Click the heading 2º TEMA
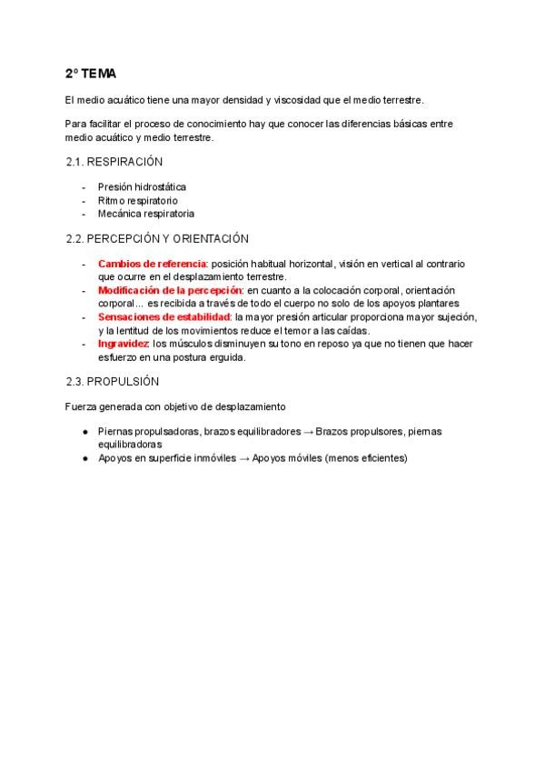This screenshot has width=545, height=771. pyautogui.click(x=90, y=73)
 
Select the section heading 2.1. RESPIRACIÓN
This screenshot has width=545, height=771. pyautogui.click(x=114, y=162)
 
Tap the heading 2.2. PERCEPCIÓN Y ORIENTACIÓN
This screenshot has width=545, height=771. pyautogui.click(x=157, y=239)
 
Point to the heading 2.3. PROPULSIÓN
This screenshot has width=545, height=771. pyautogui.click(x=113, y=381)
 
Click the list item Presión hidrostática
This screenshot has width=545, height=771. pyautogui.click(x=142, y=187)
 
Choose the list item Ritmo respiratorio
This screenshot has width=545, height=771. pyautogui.click(x=137, y=200)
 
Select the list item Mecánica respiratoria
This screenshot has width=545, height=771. pyautogui.click(x=145, y=214)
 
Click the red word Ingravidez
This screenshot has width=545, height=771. pyautogui.click(x=124, y=345)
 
